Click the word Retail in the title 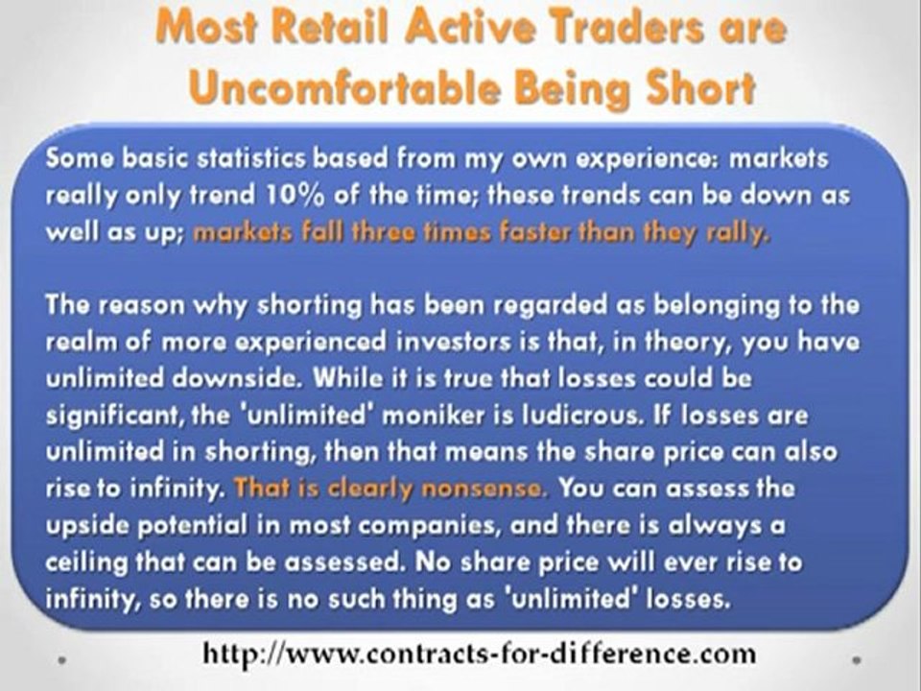coord(322,30)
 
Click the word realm coord(76,342)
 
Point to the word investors coord(500,342)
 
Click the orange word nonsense coord(477,488)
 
